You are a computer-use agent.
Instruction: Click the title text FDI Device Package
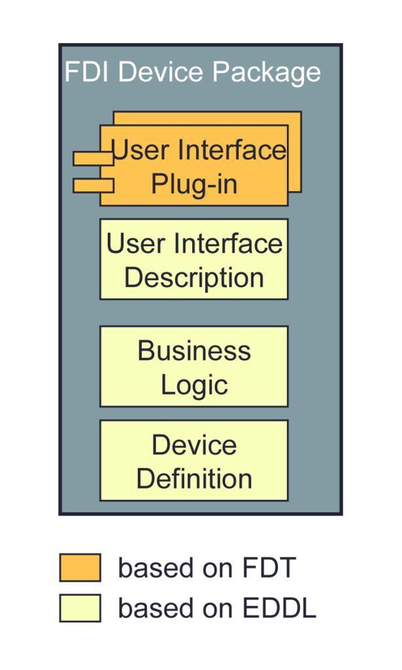coord(193,72)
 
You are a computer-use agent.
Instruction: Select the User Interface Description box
coord(194,259)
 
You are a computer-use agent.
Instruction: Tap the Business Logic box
coord(194,366)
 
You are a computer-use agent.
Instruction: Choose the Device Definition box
coord(194,461)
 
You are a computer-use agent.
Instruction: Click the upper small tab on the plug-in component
coord(92,158)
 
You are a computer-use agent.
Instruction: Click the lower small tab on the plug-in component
coord(92,185)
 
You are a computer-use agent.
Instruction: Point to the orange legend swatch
coord(80,567)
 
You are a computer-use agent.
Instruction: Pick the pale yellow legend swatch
coord(80,608)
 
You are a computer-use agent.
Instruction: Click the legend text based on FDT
coord(207,567)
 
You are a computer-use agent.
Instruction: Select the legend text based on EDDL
coord(217,608)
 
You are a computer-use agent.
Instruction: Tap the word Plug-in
coord(194,185)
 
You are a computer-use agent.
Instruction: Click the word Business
coord(194,351)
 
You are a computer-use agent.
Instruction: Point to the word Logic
coord(194,384)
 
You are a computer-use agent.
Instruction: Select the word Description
coord(194,277)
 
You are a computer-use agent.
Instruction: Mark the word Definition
coord(194,478)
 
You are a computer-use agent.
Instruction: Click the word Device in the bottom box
coord(194,445)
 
